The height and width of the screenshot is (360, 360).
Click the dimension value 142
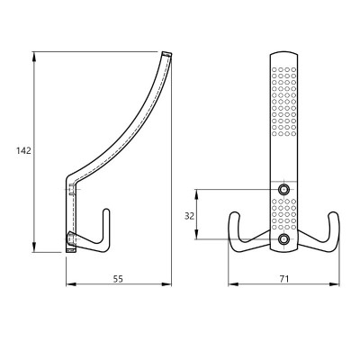(x=23, y=150)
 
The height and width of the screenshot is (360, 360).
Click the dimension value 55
(x=118, y=279)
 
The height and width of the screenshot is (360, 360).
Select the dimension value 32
(x=189, y=216)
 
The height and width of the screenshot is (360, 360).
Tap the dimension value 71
(x=284, y=279)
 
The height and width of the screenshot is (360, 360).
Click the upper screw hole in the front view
(x=283, y=189)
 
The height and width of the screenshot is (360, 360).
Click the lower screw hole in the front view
(x=283, y=239)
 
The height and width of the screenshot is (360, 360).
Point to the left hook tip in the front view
(x=234, y=213)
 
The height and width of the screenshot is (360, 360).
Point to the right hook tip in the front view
(x=333, y=213)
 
